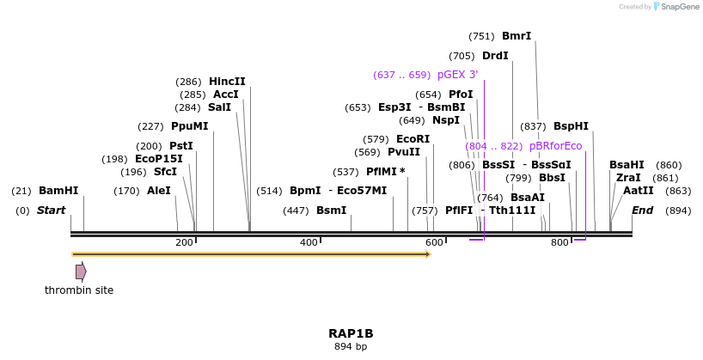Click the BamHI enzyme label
click(x=58, y=191)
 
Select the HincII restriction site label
click(x=227, y=82)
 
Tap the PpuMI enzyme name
click(x=189, y=125)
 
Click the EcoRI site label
click(x=413, y=139)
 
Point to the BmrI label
click(x=516, y=36)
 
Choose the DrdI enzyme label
click(x=495, y=56)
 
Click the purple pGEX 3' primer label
click(x=457, y=75)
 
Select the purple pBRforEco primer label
click(x=555, y=146)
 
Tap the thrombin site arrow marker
click(x=81, y=272)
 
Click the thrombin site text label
click(x=79, y=290)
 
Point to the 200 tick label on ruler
click(x=184, y=243)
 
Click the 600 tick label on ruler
click(x=433, y=243)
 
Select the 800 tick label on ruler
click(x=559, y=243)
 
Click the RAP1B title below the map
click(x=351, y=333)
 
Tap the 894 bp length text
click(x=351, y=347)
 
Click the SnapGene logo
click(x=676, y=7)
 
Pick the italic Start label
click(x=51, y=211)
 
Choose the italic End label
click(x=642, y=211)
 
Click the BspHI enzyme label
click(x=571, y=125)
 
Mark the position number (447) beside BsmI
click(x=296, y=211)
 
